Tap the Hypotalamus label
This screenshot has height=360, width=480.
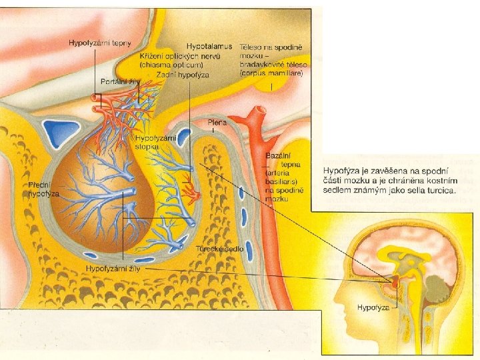pos(209,47)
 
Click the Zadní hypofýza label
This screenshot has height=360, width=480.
pos(182,75)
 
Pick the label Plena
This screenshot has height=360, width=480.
pos(217,123)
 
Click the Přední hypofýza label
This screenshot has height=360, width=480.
pos(43,189)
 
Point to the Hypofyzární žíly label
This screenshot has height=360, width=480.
pos(114,268)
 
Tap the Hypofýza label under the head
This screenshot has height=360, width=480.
pos(373,307)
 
